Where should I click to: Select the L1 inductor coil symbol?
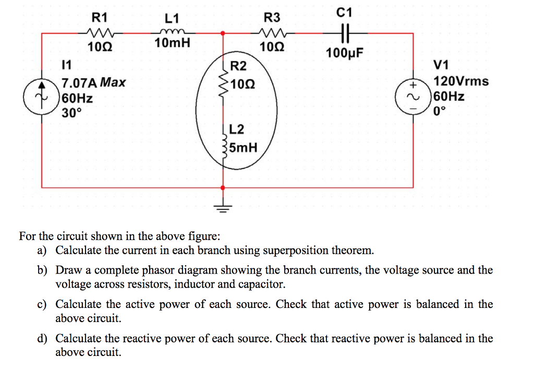[172, 32]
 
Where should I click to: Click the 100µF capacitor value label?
[344, 53]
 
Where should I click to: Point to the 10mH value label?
[172, 43]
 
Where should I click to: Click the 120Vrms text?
[461, 81]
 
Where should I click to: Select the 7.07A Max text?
[93, 82]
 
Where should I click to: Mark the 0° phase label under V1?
[441, 111]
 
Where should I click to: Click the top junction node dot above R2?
[224, 33]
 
